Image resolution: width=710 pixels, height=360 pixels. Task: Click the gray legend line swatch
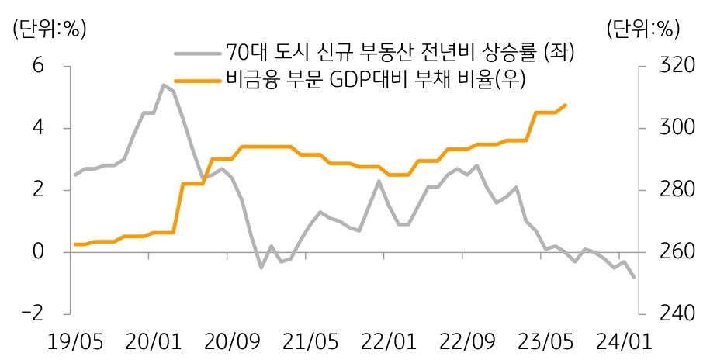pyautogui.click(x=197, y=53)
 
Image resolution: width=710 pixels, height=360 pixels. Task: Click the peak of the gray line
pyautogui.click(x=163, y=85)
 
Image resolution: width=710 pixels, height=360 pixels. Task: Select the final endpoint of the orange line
pyautogui.click(x=566, y=105)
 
